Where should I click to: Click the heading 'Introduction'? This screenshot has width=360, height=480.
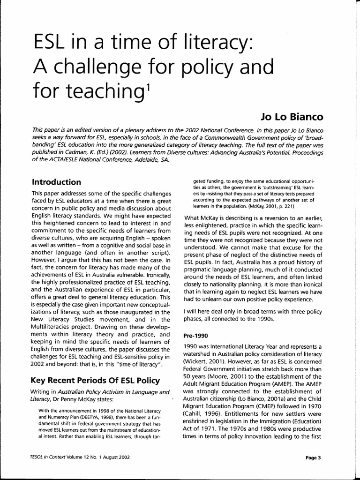56,181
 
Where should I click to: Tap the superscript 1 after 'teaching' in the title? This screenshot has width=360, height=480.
148,82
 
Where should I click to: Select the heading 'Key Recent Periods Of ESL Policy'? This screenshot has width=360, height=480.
95,380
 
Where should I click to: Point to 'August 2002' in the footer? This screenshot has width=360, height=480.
113,457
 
